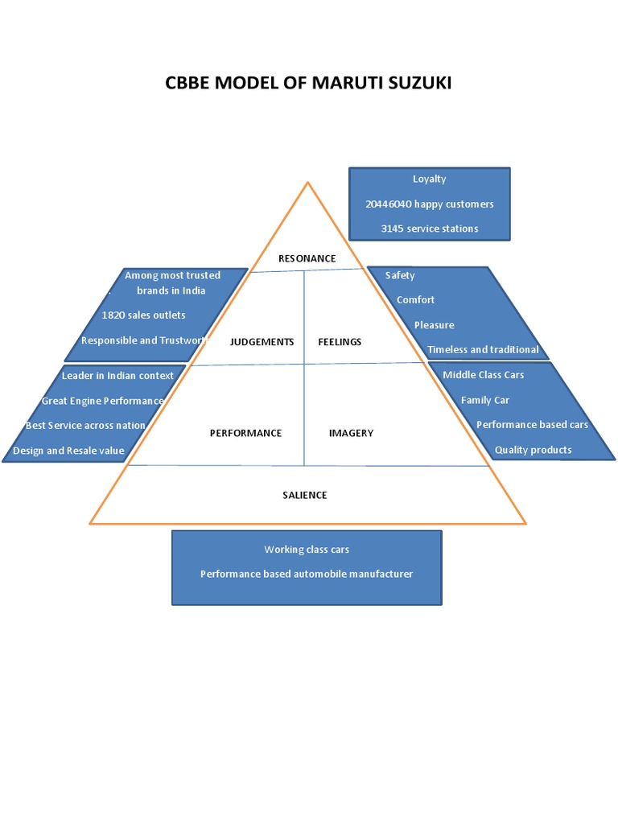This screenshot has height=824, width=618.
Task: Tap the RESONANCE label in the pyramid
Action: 307,258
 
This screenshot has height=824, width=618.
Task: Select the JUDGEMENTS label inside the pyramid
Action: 262,342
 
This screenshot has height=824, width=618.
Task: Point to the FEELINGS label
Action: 340,342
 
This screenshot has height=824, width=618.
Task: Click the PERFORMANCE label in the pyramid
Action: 245,433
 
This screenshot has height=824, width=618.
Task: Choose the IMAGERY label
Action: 351,433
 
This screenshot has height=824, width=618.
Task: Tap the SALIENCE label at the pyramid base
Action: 305,495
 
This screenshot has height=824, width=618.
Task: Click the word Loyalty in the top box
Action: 429,179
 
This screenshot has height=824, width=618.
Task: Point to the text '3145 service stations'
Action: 429,229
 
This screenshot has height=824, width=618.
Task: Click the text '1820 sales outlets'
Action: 143,315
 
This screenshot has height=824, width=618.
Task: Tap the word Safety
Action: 400,275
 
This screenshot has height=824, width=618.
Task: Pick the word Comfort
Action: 415,299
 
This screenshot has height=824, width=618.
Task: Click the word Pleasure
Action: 434,325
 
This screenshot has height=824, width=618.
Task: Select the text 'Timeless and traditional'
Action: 483,350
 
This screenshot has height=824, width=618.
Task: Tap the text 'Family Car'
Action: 484,400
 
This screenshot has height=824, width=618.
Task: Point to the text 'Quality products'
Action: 533,450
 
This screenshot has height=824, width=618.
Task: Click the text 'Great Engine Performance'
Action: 102,401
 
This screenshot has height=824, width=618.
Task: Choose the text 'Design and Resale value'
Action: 68,451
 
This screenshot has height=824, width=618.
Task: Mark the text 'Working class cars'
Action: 307,550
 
